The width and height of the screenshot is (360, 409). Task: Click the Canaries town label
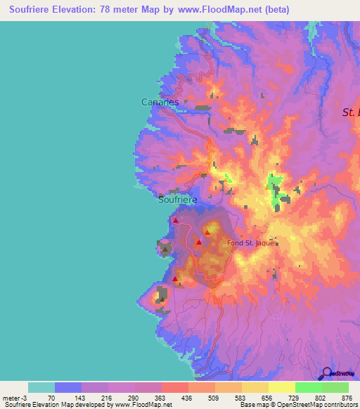click(160, 102)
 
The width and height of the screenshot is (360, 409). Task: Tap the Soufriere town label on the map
click(177, 200)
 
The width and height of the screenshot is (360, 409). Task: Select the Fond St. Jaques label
click(252, 243)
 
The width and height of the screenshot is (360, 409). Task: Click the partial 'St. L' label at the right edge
click(350, 112)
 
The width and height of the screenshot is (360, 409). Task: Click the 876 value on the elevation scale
click(347, 398)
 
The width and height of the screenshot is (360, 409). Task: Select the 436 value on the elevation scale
click(186, 398)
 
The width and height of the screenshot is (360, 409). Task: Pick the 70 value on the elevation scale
click(51, 398)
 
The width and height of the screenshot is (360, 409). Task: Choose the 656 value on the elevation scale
click(266, 398)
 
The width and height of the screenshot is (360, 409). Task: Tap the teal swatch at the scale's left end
click(41, 387)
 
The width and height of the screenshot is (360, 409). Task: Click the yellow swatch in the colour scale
click(282, 387)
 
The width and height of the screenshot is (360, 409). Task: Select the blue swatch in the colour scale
click(68, 387)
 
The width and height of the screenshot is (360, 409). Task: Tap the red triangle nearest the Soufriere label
click(175, 221)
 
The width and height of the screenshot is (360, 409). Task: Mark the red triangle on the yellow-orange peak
click(208, 232)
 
